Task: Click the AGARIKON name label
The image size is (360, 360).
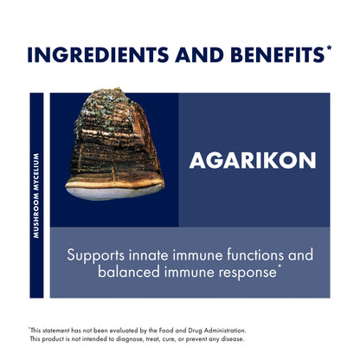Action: pos(254,160)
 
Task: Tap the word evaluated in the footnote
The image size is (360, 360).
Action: pos(113,330)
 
